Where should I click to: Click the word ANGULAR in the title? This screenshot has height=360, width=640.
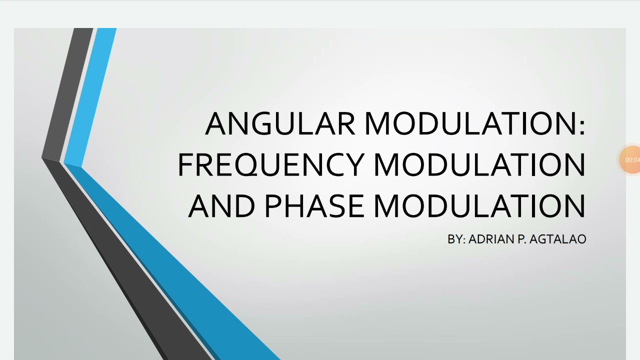(280, 123)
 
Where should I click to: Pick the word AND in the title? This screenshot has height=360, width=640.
(221, 206)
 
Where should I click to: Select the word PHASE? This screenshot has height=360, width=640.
(314, 206)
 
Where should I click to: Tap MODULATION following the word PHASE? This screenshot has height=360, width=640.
(479, 206)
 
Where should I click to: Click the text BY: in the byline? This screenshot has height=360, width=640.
(456, 239)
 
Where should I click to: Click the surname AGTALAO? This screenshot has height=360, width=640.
(557, 239)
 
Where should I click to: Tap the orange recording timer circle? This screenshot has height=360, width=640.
(631, 160)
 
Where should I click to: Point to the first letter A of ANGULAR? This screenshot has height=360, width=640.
(216, 123)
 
